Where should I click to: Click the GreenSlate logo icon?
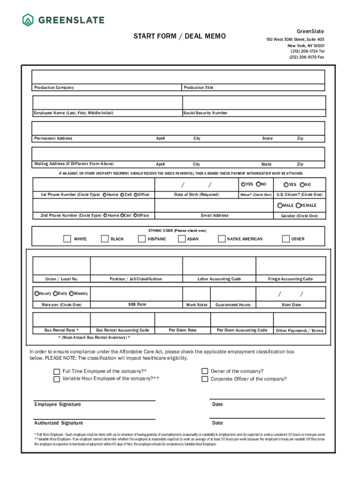(28, 20)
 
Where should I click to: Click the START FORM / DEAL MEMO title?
(180, 36)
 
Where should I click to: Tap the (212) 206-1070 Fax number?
(306, 57)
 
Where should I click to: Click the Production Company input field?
(107, 77)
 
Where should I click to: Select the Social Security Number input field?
(253, 102)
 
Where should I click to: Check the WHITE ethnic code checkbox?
(67, 239)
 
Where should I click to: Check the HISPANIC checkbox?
(142, 239)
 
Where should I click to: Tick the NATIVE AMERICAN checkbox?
(222, 239)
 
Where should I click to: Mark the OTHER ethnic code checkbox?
(286, 239)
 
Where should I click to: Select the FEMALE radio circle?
(298, 205)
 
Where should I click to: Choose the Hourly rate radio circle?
(37, 293)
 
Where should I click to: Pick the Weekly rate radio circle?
(71, 293)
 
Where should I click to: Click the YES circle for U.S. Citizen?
(286, 185)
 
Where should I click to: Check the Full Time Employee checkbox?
(57, 371)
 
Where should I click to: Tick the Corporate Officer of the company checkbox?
(205, 379)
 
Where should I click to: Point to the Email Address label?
(215, 216)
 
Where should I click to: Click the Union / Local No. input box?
(61, 265)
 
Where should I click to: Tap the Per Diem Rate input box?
(182, 319)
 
